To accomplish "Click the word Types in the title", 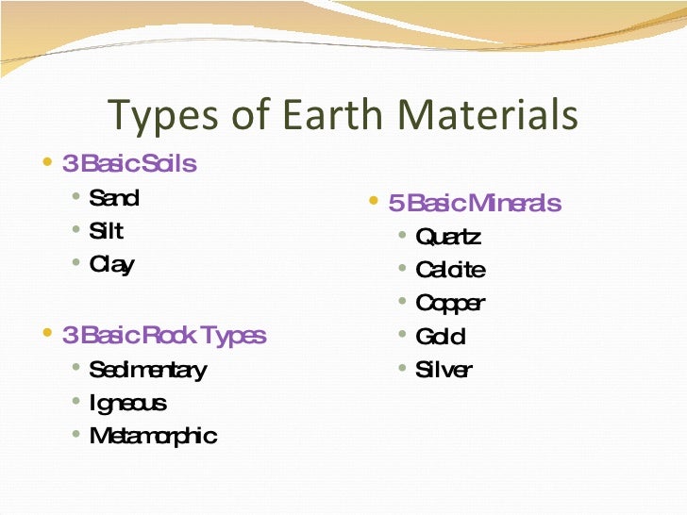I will [x=155, y=115].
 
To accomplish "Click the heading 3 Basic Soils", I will [x=129, y=164].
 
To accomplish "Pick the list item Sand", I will [x=113, y=198].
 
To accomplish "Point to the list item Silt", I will [x=106, y=231].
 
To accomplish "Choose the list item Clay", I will [x=111, y=265].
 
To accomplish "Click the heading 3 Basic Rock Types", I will [x=164, y=335].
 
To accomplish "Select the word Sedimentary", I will [x=147, y=370].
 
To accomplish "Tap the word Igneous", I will [x=127, y=404].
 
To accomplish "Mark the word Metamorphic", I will [x=153, y=437].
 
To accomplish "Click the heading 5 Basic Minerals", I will [x=476, y=203].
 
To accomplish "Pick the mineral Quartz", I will [x=448, y=237].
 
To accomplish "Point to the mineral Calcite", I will [x=450, y=271].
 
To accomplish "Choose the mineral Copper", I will [x=450, y=304].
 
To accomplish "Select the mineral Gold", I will [x=441, y=337].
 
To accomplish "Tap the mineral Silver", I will [x=444, y=371].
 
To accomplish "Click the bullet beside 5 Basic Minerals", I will [x=374, y=201].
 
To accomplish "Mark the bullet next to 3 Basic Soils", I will [x=48, y=162].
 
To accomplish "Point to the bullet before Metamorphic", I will [x=75, y=435].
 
